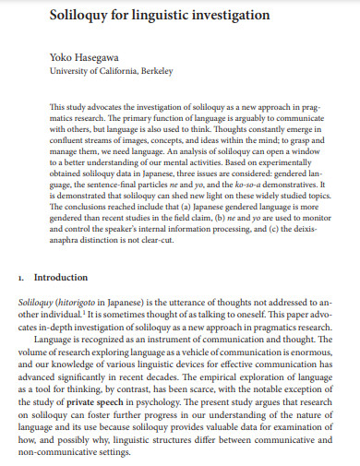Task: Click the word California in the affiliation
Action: [x=110, y=70]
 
